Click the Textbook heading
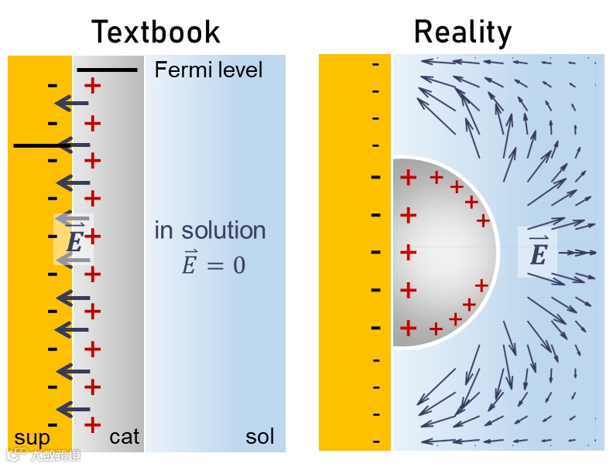point(156,32)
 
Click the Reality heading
point(463,32)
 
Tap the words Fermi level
point(208,70)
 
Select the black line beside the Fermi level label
point(107,70)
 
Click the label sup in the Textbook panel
point(33,438)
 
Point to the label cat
point(124,437)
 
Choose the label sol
point(260,437)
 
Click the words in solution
point(210,230)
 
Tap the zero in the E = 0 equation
point(238,265)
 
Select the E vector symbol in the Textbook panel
point(74,241)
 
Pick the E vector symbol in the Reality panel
point(537,252)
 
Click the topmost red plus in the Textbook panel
point(92,85)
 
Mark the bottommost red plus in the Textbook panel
point(92,424)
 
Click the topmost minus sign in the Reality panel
point(376,63)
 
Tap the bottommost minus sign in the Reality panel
point(376,441)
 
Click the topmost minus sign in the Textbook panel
point(52,85)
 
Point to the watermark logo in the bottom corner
point(17,454)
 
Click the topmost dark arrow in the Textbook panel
point(74,104)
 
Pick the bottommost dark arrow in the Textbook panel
point(74,409)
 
